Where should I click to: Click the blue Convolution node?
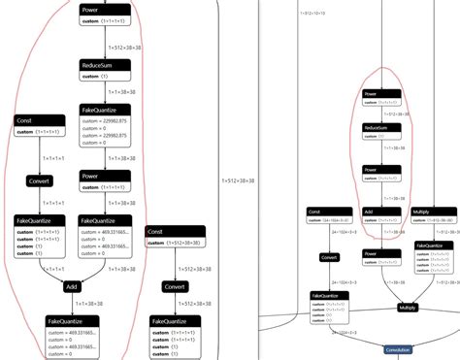398,349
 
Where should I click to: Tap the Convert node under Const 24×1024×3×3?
329,258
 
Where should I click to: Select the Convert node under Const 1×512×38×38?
175,287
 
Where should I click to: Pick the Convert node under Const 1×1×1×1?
39,181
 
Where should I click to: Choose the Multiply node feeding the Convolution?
406,307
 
